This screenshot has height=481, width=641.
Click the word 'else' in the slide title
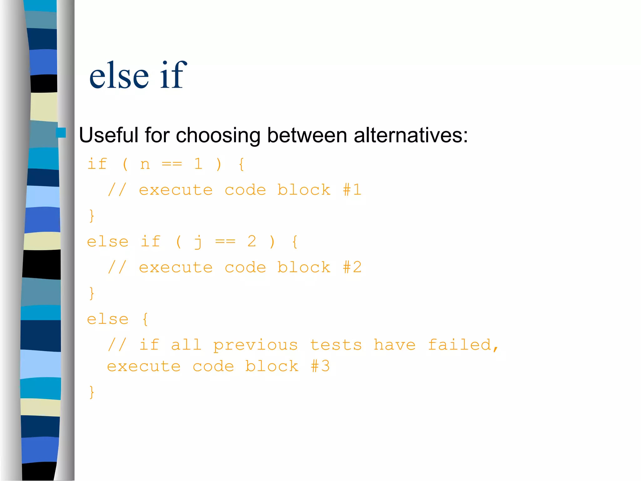pyautogui.click(x=119, y=76)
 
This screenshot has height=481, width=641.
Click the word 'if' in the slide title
pyautogui.click(x=173, y=75)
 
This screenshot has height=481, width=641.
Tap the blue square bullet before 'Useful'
pyautogui.click(x=61, y=133)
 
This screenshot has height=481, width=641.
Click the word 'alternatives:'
pyautogui.click(x=411, y=136)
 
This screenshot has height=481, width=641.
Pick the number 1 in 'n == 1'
pyautogui.click(x=198, y=164)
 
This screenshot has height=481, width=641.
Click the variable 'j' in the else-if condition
pyautogui.click(x=198, y=242)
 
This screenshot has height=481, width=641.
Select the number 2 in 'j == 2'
pyautogui.click(x=252, y=241)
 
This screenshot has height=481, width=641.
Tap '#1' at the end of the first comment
pyautogui.click(x=352, y=190)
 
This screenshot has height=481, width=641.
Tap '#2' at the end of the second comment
pyautogui.click(x=352, y=267)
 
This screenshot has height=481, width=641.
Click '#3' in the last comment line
pyautogui.click(x=320, y=366)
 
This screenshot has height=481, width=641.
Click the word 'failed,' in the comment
pyautogui.click(x=463, y=345)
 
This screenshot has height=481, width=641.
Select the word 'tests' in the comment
pyautogui.click(x=336, y=345)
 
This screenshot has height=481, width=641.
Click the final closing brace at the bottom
pyautogui.click(x=91, y=392)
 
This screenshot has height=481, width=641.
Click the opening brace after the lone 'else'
pyautogui.click(x=145, y=319)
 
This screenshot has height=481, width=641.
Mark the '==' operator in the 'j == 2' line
pyautogui.click(x=225, y=241)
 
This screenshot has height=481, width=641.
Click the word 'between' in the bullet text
pyautogui.click(x=307, y=136)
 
